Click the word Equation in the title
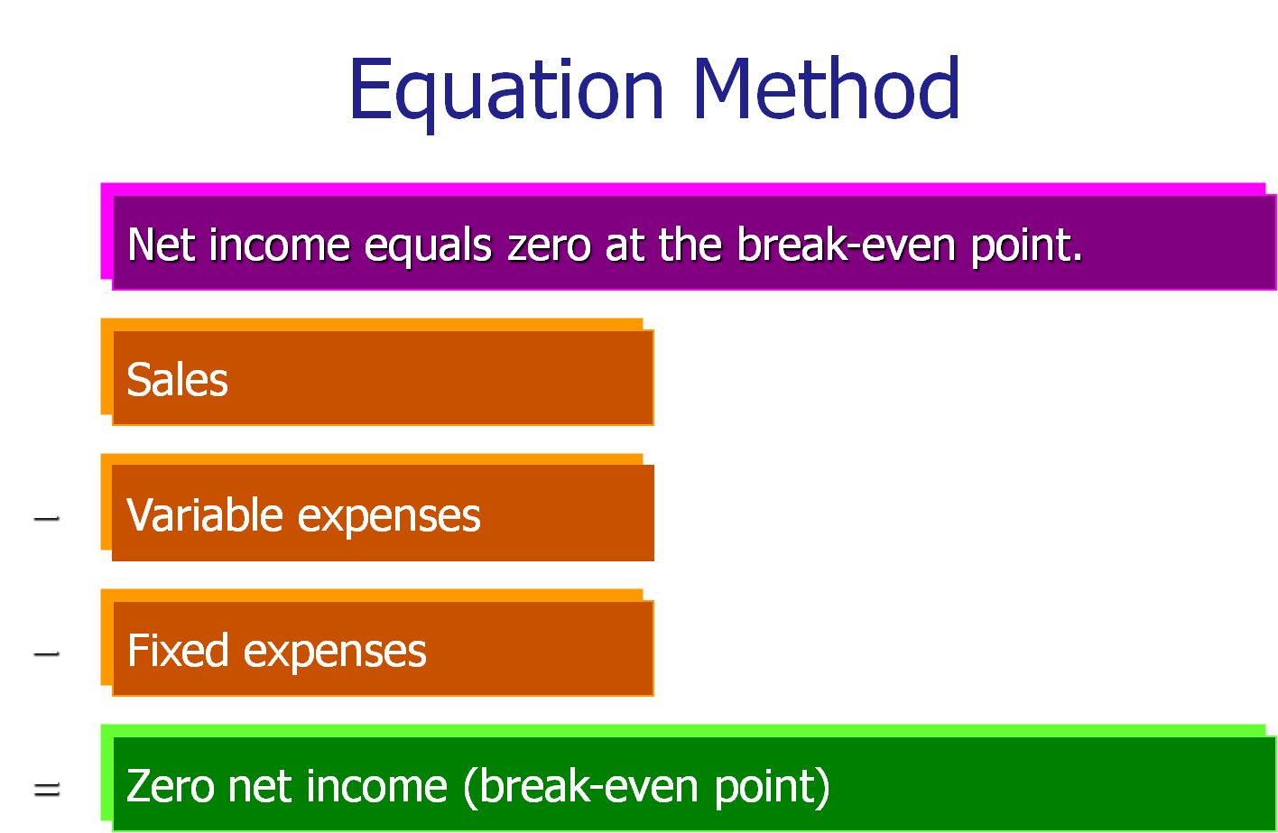506,94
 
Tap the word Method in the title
828,88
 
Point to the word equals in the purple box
428,246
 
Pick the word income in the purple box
279,245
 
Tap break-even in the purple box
846,245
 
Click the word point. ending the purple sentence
1026,246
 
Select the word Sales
178,379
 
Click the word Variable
205,514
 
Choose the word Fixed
178,650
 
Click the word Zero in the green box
171,786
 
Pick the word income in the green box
377,786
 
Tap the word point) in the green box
773,787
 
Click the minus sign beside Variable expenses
46,518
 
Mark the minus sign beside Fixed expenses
46,653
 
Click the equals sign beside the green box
47,790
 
